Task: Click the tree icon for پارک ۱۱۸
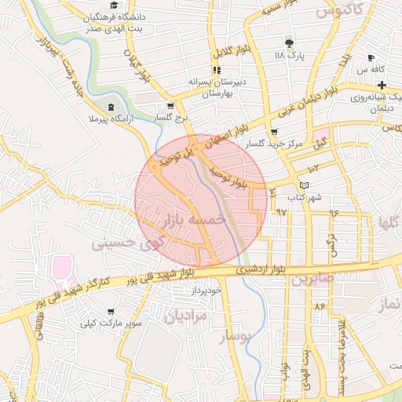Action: click(289, 43)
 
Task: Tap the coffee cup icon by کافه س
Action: click(371, 58)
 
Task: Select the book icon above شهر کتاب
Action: click(305, 185)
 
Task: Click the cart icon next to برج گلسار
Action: click(170, 106)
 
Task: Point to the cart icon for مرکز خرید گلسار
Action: click(274, 132)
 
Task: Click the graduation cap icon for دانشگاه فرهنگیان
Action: click(114, 6)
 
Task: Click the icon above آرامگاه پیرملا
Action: click(111, 105)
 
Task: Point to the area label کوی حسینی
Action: click(126, 244)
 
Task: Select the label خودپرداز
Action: click(206, 291)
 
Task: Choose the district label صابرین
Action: click(316, 279)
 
